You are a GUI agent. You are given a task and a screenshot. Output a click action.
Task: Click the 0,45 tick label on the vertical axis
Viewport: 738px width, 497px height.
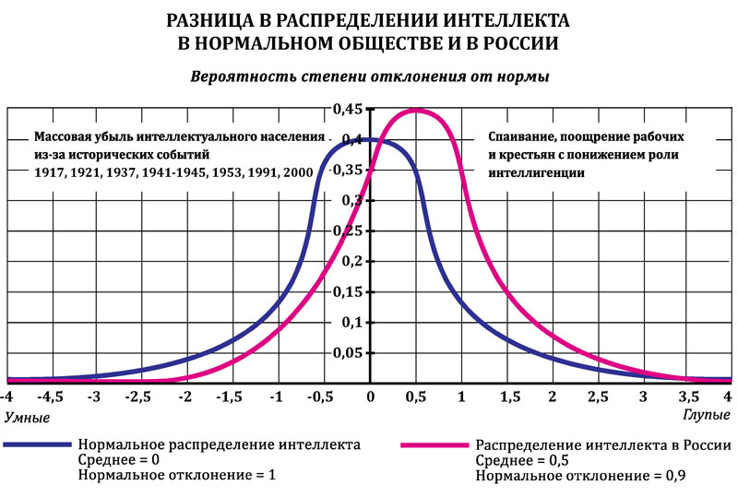tap(348, 111)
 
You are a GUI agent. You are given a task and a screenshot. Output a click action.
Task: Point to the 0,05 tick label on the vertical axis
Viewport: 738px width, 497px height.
tap(348, 353)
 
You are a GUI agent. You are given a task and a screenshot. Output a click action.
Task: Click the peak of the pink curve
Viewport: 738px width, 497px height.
tap(415, 111)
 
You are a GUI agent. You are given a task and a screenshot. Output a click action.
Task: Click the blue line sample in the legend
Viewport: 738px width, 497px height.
tap(37, 444)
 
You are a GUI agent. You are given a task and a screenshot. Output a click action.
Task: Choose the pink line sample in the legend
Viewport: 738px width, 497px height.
tap(434, 444)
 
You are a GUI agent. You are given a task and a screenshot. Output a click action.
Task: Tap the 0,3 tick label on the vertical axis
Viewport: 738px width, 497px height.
tap(351, 201)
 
